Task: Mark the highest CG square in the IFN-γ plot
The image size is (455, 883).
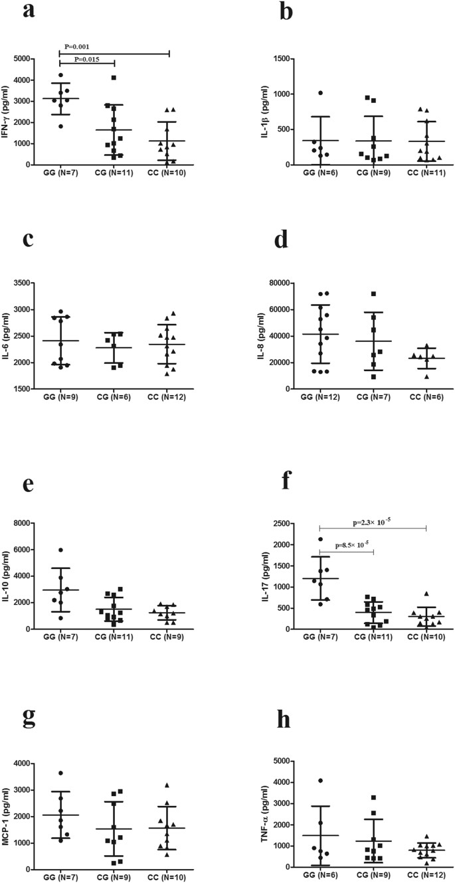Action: click(x=114, y=78)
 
